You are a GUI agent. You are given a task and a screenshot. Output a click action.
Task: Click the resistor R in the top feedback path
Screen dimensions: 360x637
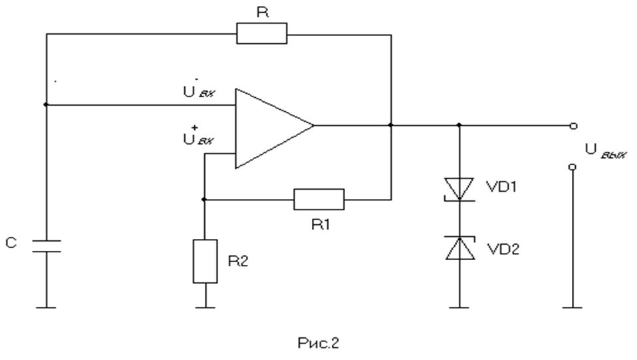click(262, 33)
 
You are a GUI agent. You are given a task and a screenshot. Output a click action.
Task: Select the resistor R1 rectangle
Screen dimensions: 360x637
click(319, 198)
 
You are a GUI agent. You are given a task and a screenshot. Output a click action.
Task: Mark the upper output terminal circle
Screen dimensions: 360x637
click(572, 125)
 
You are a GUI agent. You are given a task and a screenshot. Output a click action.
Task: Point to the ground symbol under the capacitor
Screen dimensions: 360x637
click(46, 307)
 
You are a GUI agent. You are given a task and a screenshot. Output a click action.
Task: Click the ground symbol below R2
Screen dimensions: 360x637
click(205, 307)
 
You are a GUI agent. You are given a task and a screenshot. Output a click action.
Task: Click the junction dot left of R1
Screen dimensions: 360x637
click(205, 198)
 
